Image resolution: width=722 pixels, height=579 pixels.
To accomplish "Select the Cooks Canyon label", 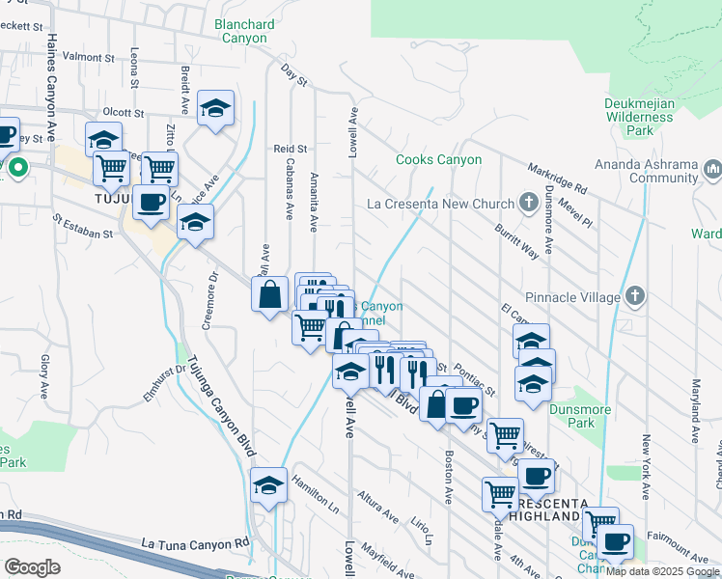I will point(438,159).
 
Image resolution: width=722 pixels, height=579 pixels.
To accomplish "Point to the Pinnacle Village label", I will point(572,297).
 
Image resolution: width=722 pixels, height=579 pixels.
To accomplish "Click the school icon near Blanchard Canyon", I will point(216,109).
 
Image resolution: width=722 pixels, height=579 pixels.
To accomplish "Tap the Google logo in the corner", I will point(32,567).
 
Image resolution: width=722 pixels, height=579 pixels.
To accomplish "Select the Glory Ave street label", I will point(44,376).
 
